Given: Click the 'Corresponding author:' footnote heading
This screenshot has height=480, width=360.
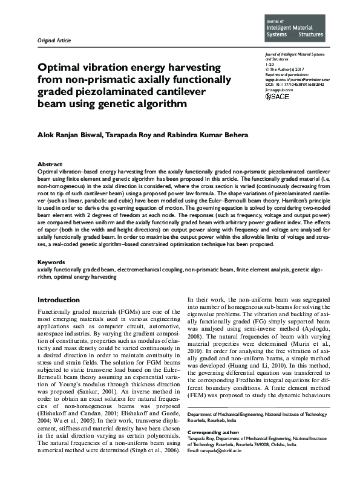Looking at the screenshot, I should click(214, 433).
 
